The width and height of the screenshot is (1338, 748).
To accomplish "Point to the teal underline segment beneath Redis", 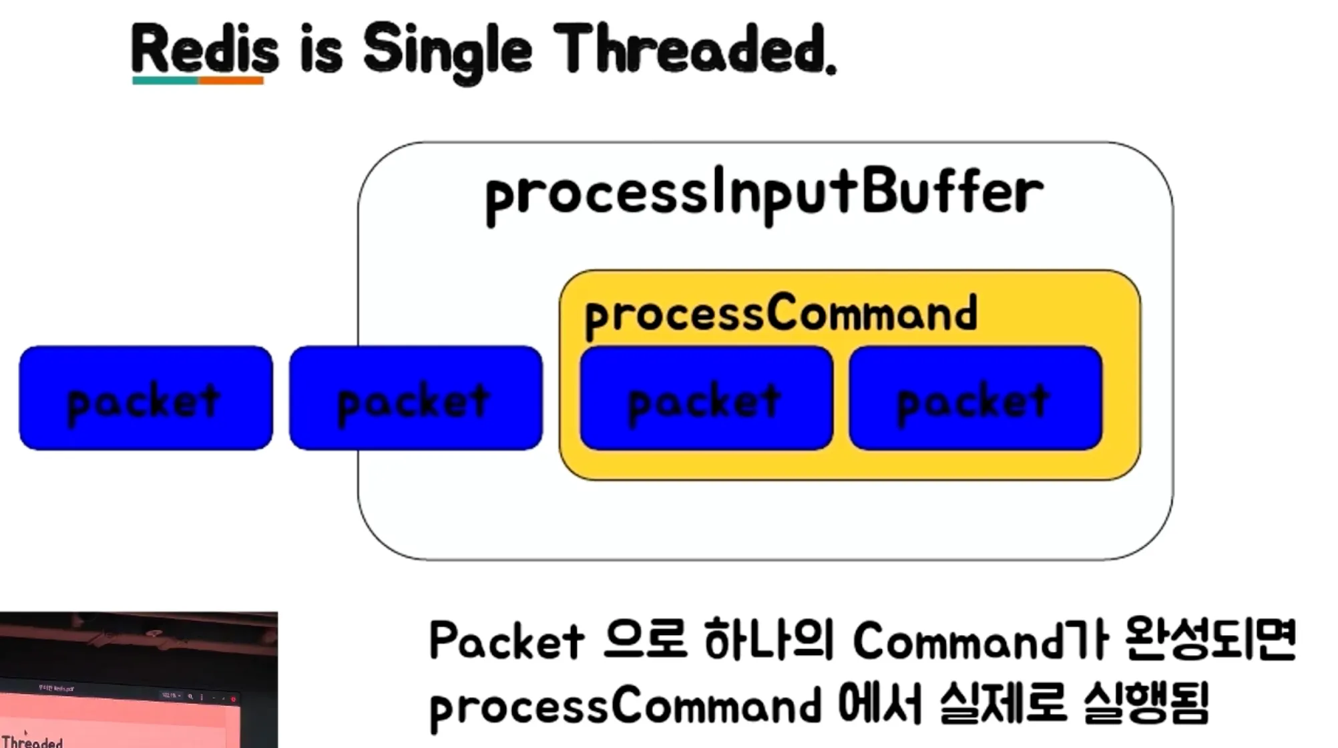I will [165, 81].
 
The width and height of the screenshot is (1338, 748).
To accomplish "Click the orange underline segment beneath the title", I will [230, 81].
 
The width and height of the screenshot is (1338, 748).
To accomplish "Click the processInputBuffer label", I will [764, 195].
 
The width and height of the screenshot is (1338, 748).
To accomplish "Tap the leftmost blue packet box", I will [146, 398].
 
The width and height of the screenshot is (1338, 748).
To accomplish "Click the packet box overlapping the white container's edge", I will [415, 398].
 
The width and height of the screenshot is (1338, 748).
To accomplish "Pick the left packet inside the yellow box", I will [706, 398].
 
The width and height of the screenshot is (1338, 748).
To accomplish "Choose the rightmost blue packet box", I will [975, 398].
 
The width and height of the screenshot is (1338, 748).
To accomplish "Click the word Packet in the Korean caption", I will [507, 641].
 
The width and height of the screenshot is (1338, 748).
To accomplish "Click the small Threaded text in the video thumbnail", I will [32, 741].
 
